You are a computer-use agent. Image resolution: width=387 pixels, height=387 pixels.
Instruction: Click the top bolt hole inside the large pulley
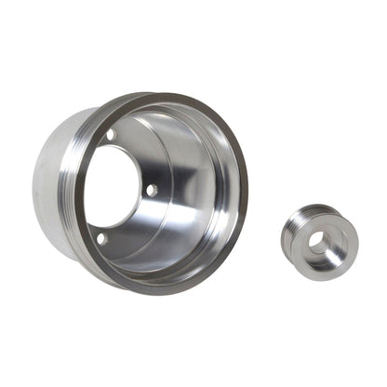tap(111, 136)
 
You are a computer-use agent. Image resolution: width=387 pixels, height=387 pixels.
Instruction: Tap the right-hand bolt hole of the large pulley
tap(151, 190)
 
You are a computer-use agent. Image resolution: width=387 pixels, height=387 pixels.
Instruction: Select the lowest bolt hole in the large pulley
tap(101, 238)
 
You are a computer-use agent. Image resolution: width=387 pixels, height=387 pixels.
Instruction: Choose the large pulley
tap(140, 186)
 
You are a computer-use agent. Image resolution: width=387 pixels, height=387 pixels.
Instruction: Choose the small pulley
tap(319, 241)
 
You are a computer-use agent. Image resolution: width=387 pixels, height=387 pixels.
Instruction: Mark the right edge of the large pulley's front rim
tap(243, 186)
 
